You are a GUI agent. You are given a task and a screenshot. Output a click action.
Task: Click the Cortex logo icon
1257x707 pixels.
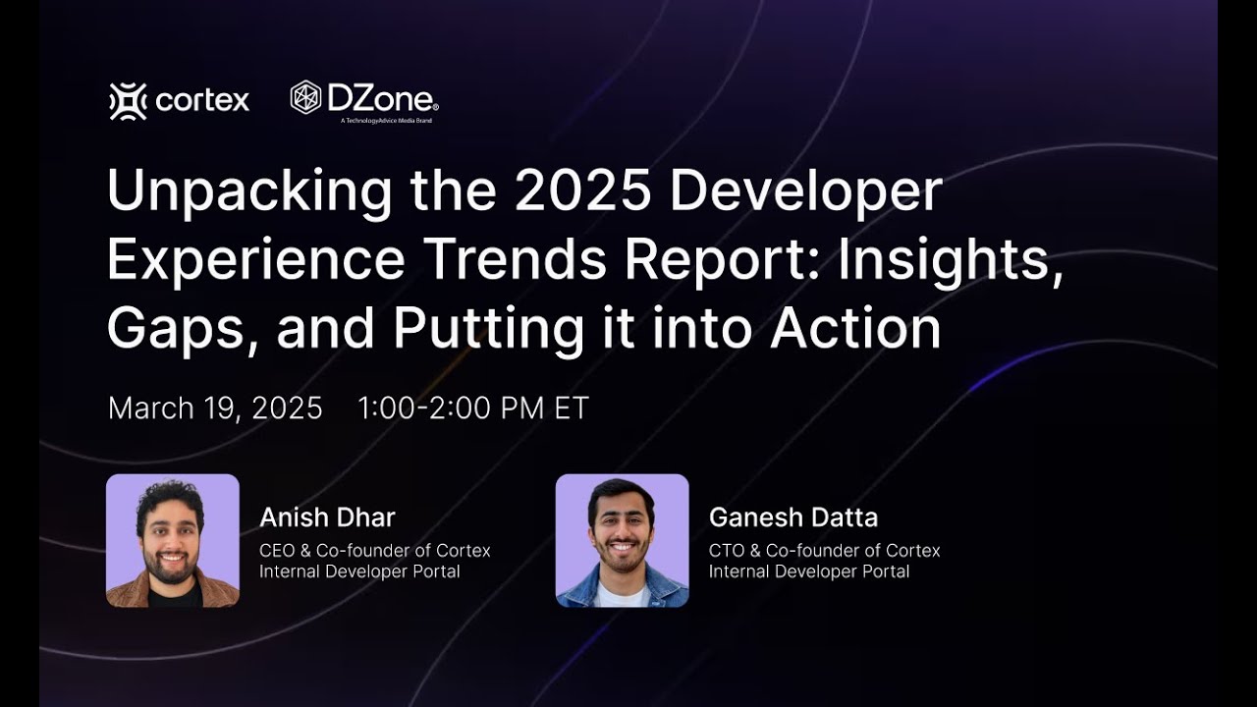tap(128, 101)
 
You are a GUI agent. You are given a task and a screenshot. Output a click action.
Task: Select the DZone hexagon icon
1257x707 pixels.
tap(306, 97)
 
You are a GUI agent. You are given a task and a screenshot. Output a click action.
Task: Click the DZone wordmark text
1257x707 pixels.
tap(383, 98)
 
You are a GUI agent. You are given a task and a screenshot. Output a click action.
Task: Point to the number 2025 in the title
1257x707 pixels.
tap(582, 191)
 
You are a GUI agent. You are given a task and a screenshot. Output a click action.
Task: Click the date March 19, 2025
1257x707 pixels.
tap(215, 408)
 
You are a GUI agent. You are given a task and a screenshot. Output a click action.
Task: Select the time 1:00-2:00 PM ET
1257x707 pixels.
tap(473, 408)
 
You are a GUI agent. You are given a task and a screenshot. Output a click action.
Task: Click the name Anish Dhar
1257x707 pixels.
tap(327, 517)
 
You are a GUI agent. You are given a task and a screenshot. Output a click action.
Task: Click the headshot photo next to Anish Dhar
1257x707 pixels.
tap(173, 540)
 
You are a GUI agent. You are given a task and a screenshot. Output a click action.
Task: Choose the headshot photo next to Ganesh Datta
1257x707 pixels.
tap(623, 540)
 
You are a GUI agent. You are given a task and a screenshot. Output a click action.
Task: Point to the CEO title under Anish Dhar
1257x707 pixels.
tap(374, 550)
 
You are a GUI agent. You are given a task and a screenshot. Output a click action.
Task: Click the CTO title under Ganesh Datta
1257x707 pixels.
tap(824, 550)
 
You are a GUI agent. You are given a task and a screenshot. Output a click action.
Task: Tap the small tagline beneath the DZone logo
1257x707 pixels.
tap(386, 121)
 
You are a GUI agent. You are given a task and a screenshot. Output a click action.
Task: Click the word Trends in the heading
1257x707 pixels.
tap(510, 260)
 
